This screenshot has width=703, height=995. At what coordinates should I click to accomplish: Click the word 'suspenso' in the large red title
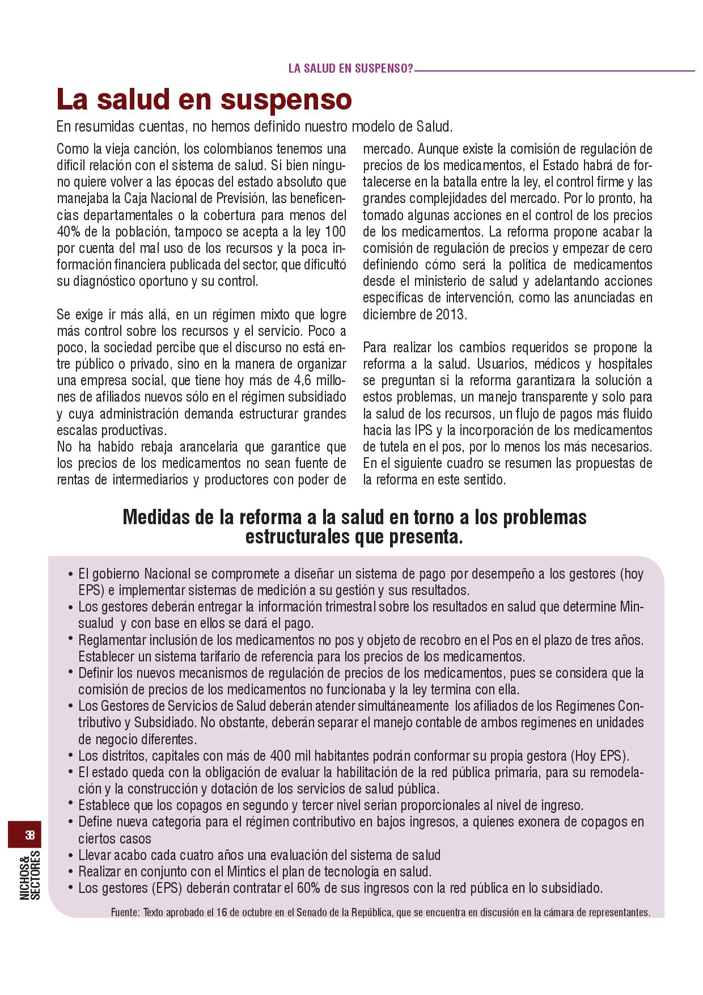[x=286, y=100]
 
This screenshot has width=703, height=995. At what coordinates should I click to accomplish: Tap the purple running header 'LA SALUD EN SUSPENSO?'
[x=350, y=69]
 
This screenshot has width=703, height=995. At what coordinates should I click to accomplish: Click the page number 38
[x=29, y=835]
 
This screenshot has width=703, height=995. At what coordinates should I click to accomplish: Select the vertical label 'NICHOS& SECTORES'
[x=29, y=875]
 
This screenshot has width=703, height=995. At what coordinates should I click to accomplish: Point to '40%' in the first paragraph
[x=69, y=231]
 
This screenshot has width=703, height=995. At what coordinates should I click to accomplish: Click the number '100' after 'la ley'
[x=334, y=231]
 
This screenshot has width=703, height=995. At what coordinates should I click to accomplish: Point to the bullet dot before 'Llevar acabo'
[x=70, y=855]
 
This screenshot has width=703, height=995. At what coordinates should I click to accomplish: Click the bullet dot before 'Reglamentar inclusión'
[x=70, y=639]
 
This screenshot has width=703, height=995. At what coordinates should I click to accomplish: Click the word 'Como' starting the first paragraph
[x=73, y=149]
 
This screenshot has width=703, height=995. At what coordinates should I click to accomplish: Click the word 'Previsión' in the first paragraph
[x=242, y=199]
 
